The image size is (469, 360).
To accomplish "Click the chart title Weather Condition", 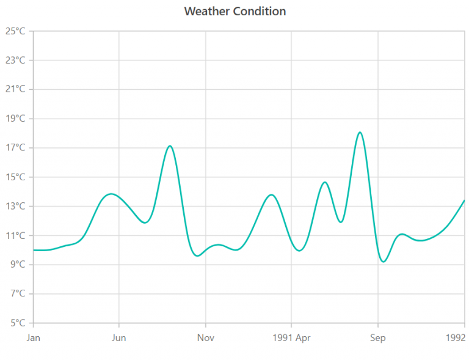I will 234,12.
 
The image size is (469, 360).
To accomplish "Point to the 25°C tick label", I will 15,31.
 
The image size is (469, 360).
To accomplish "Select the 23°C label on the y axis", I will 15,61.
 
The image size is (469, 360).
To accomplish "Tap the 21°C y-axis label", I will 15,89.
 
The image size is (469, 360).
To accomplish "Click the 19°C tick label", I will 15,119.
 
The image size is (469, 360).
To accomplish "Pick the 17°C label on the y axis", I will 15,148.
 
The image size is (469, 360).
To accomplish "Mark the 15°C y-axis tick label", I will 15,177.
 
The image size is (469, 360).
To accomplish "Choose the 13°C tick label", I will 15,207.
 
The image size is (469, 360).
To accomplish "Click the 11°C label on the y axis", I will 15,236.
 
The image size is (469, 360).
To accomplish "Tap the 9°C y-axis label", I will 16,265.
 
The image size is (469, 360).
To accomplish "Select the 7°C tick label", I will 16,294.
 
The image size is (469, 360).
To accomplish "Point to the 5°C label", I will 16,323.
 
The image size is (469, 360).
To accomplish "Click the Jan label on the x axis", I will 33,338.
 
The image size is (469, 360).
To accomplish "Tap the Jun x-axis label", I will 119,338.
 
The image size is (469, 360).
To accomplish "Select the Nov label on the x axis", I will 206,338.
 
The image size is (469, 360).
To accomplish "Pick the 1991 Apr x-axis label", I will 291,338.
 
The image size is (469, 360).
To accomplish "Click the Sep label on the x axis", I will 378,338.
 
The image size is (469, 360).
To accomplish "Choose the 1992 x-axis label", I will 456,338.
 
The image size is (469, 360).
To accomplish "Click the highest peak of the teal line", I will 360,132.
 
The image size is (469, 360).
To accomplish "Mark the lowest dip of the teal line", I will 384,262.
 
